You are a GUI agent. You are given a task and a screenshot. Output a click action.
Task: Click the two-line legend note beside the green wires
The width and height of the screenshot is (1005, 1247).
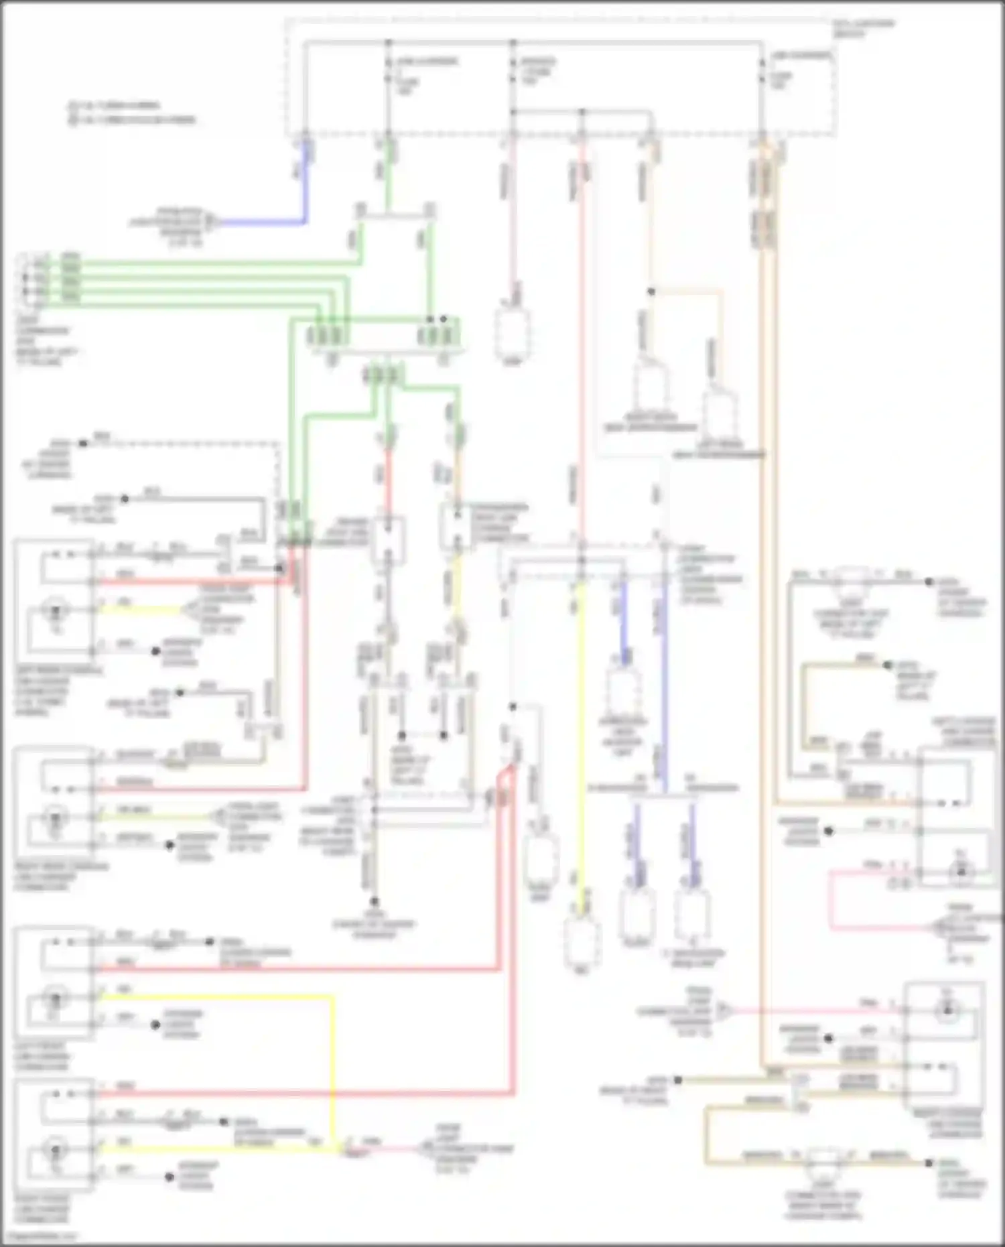click(x=131, y=113)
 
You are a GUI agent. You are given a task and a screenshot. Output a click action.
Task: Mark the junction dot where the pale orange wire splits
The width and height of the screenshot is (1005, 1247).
click(x=651, y=292)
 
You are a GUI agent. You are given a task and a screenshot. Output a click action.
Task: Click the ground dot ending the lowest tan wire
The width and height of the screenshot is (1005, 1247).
click(x=929, y=1163)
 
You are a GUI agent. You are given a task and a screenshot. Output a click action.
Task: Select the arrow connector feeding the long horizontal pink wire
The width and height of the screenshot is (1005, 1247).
click(x=724, y=1010)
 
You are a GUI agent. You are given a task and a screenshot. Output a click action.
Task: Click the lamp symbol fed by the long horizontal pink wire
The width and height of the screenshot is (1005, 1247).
click(x=946, y=1010)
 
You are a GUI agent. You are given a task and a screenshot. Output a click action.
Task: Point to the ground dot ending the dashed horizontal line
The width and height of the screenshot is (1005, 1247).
click(x=83, y=444)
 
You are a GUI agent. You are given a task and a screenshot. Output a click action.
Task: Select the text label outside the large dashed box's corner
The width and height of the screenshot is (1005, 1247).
click(x=864, y=27)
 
